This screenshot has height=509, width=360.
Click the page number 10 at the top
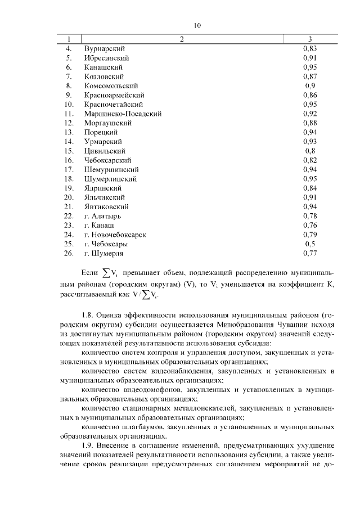(x=197, y=25)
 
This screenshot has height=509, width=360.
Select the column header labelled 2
(x=182, y=39)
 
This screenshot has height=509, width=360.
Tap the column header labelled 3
(x=310, y=39)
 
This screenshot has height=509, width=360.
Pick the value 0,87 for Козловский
(x=310, y=76)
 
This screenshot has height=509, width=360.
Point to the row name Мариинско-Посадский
(x=123, y=114)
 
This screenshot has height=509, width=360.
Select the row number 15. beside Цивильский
(x=69, y=151)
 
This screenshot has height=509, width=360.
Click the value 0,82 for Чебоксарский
(x=310, y=160)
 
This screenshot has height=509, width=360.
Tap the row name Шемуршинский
(x=111, y=169)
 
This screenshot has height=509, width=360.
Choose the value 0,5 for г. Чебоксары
(x=310, y=244)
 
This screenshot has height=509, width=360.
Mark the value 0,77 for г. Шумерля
(x=310, y=253)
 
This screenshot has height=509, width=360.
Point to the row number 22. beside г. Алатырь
(x=69, y=216)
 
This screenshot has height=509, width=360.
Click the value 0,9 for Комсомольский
(x=310, y=85)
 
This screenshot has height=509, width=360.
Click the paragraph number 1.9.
(x=88, y=445)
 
